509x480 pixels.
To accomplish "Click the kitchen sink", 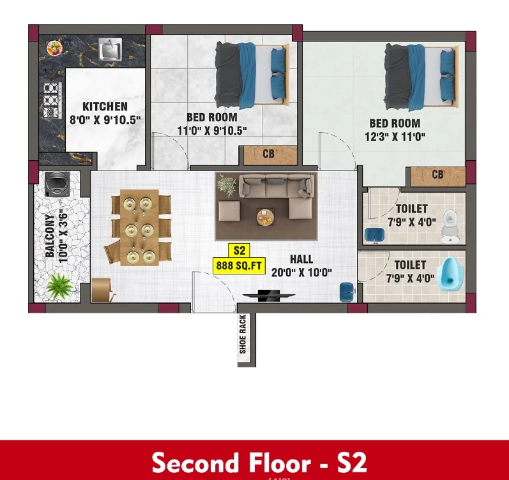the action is pyautogui.click(x=110, y=49).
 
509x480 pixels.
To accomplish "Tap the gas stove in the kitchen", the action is pyautogui.click(x=52, y=100).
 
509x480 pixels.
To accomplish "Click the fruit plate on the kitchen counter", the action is pyautogui.click(x=54, y=49).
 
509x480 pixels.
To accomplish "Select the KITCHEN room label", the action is pyautogui.click(x=105, y=107).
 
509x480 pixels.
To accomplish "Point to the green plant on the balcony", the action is pyautogui.click(x=59, y=286).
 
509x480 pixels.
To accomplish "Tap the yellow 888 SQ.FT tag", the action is pyautogui.click(x=239, y=266).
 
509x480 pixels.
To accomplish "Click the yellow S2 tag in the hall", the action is pyautogui.click(x=239, y=250).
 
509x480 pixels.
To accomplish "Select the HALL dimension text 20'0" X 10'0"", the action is pyautogui.click(x=301, y=273).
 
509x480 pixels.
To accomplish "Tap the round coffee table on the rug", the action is pyautogui.click(x=265, y=217).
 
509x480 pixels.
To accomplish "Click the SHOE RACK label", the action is pyautogui.click(x=243, y=334).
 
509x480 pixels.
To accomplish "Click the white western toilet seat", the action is pyautogui.click(x=450, y=226).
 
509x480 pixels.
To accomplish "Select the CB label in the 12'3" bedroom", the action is pyautogui.click(x=437, y=175).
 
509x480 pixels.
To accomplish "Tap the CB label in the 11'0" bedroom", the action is pyautogui.click(x=268, y=154).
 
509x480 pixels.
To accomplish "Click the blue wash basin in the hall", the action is pyautogui.click(x=347, y=292).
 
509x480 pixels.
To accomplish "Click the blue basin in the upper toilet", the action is pyautogui.click(x=375, y=235).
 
